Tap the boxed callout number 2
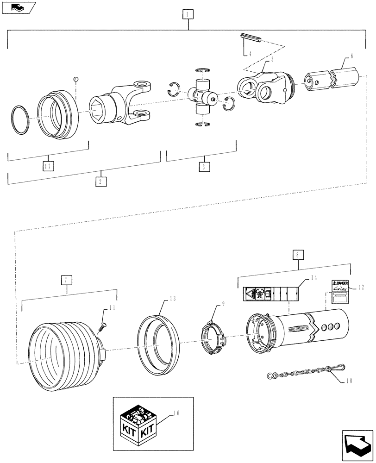(101, 181)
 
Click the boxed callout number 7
(67, 280)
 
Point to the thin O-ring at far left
(20, 121)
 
